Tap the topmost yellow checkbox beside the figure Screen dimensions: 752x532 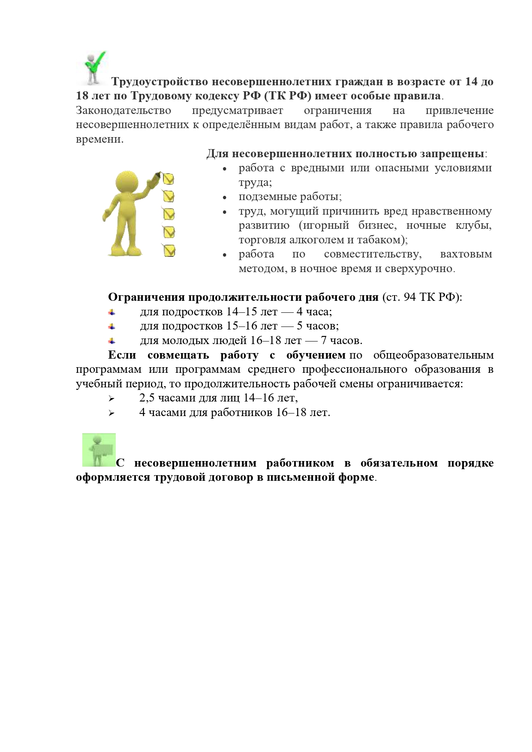click(x=168, y=179)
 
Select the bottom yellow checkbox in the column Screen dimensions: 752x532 click(x=169, y=251)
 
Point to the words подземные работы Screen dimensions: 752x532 click(x=290, y=197)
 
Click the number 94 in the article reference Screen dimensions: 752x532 click(x=410, y=297)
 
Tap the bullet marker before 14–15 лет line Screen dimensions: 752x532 click(x=112, y=312)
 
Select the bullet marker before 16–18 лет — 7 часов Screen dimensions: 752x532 click(x=112, y=341)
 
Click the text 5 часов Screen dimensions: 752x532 click(x=317, y=326)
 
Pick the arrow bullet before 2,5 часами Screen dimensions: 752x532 click(x=112, y=398)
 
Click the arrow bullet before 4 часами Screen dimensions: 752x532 click(x=112, y=413)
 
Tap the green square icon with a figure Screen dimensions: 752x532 click(x=99, y=449)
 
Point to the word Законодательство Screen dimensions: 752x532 click(x=123, y=111)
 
